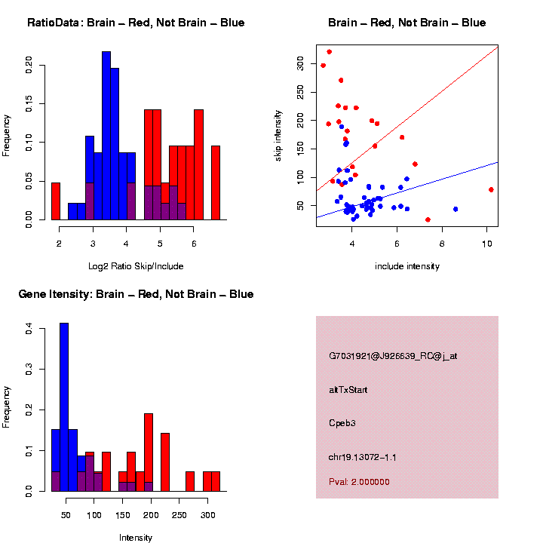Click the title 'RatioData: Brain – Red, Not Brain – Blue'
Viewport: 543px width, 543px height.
coord(136,23)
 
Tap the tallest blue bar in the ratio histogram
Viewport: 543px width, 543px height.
coord(106,136)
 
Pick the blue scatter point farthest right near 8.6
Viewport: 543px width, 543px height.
coord(456,209)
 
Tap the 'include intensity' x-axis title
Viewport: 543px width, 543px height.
coord(407,266)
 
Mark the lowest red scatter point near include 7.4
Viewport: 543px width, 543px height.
coord(428,219)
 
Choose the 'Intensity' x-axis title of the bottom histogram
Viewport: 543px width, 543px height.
coord(136,538)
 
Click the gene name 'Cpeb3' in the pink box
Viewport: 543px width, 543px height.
coord(342,423)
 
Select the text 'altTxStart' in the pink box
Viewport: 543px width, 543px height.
coord(348,390)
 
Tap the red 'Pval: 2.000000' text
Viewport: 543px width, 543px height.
coord(359,482)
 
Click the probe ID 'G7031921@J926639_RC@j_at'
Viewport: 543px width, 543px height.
coord(393,356)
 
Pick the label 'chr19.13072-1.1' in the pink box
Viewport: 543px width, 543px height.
coord(363,456)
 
